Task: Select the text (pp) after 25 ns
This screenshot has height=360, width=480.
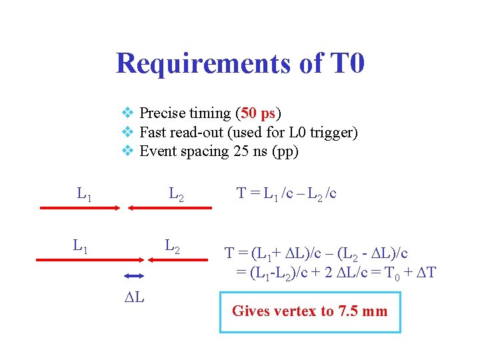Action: pos(285,151)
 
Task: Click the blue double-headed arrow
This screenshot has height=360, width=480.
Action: pos(134,276)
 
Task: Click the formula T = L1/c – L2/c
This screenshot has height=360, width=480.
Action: pos(287,194)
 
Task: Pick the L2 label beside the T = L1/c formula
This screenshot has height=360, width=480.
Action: pos(177,195)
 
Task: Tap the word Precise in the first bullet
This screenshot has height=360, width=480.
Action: pos(161,113)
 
